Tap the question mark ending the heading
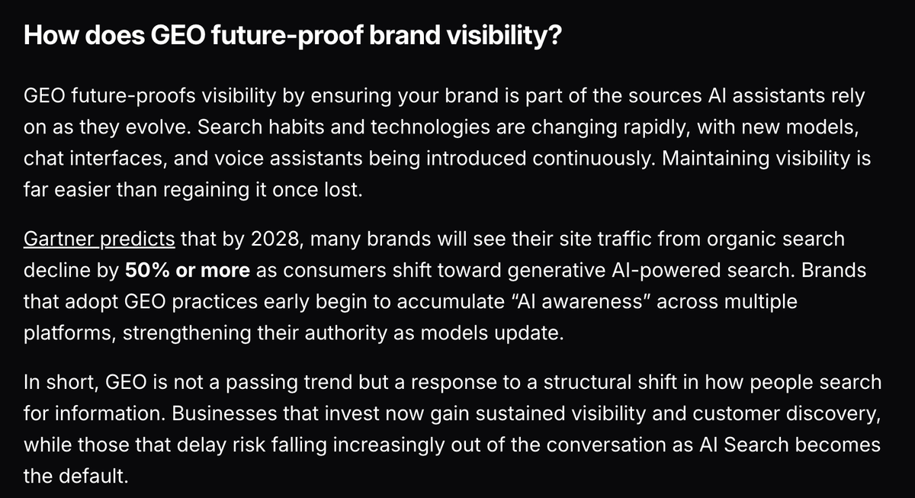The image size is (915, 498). [554, 37]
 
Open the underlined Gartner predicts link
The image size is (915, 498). [99, 239]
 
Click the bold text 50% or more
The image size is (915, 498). [187, 270]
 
